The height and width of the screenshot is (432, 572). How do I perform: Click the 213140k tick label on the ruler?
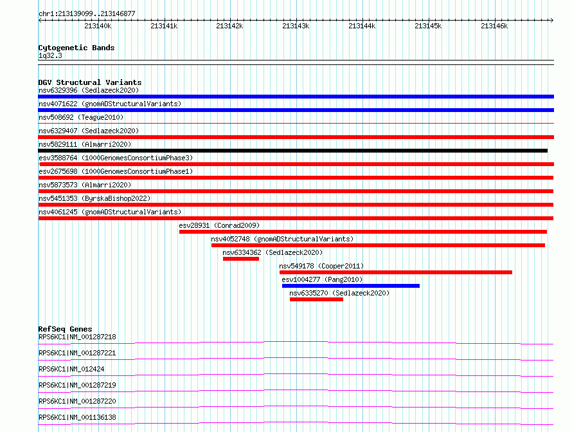[98, 26]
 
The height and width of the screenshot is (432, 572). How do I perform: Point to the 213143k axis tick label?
[296, 26]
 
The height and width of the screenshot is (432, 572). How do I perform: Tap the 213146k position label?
[494, 26]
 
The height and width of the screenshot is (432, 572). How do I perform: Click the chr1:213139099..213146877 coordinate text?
[87, 14]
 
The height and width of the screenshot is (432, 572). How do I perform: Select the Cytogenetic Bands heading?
[76, 48]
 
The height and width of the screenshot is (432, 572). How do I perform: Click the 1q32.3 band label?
[50, 55]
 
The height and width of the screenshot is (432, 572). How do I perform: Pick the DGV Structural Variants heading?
[90, 82]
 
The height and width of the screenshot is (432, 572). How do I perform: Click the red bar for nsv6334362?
[241, 259]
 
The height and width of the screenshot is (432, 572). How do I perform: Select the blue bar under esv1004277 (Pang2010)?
[350, 286]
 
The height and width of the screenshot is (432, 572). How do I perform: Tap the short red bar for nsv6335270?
[316, 299]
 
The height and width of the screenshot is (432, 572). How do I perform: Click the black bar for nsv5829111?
[292, 151]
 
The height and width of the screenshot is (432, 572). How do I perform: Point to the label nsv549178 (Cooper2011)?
[321, 266]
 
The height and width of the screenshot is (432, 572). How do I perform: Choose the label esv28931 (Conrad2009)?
[219, 225]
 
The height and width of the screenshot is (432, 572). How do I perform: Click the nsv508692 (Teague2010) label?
[81, 117]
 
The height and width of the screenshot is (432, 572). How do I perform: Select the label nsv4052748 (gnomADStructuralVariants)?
[282, 239]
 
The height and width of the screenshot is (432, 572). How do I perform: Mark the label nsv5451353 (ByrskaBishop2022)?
[94, 198]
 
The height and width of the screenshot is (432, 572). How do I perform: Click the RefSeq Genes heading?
[65, 329]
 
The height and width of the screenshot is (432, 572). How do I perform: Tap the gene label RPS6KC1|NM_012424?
[71, 369]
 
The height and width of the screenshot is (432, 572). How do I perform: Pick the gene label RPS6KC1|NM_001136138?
[77, 417]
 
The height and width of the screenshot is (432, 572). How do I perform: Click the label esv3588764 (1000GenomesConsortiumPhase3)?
[116, 158]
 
